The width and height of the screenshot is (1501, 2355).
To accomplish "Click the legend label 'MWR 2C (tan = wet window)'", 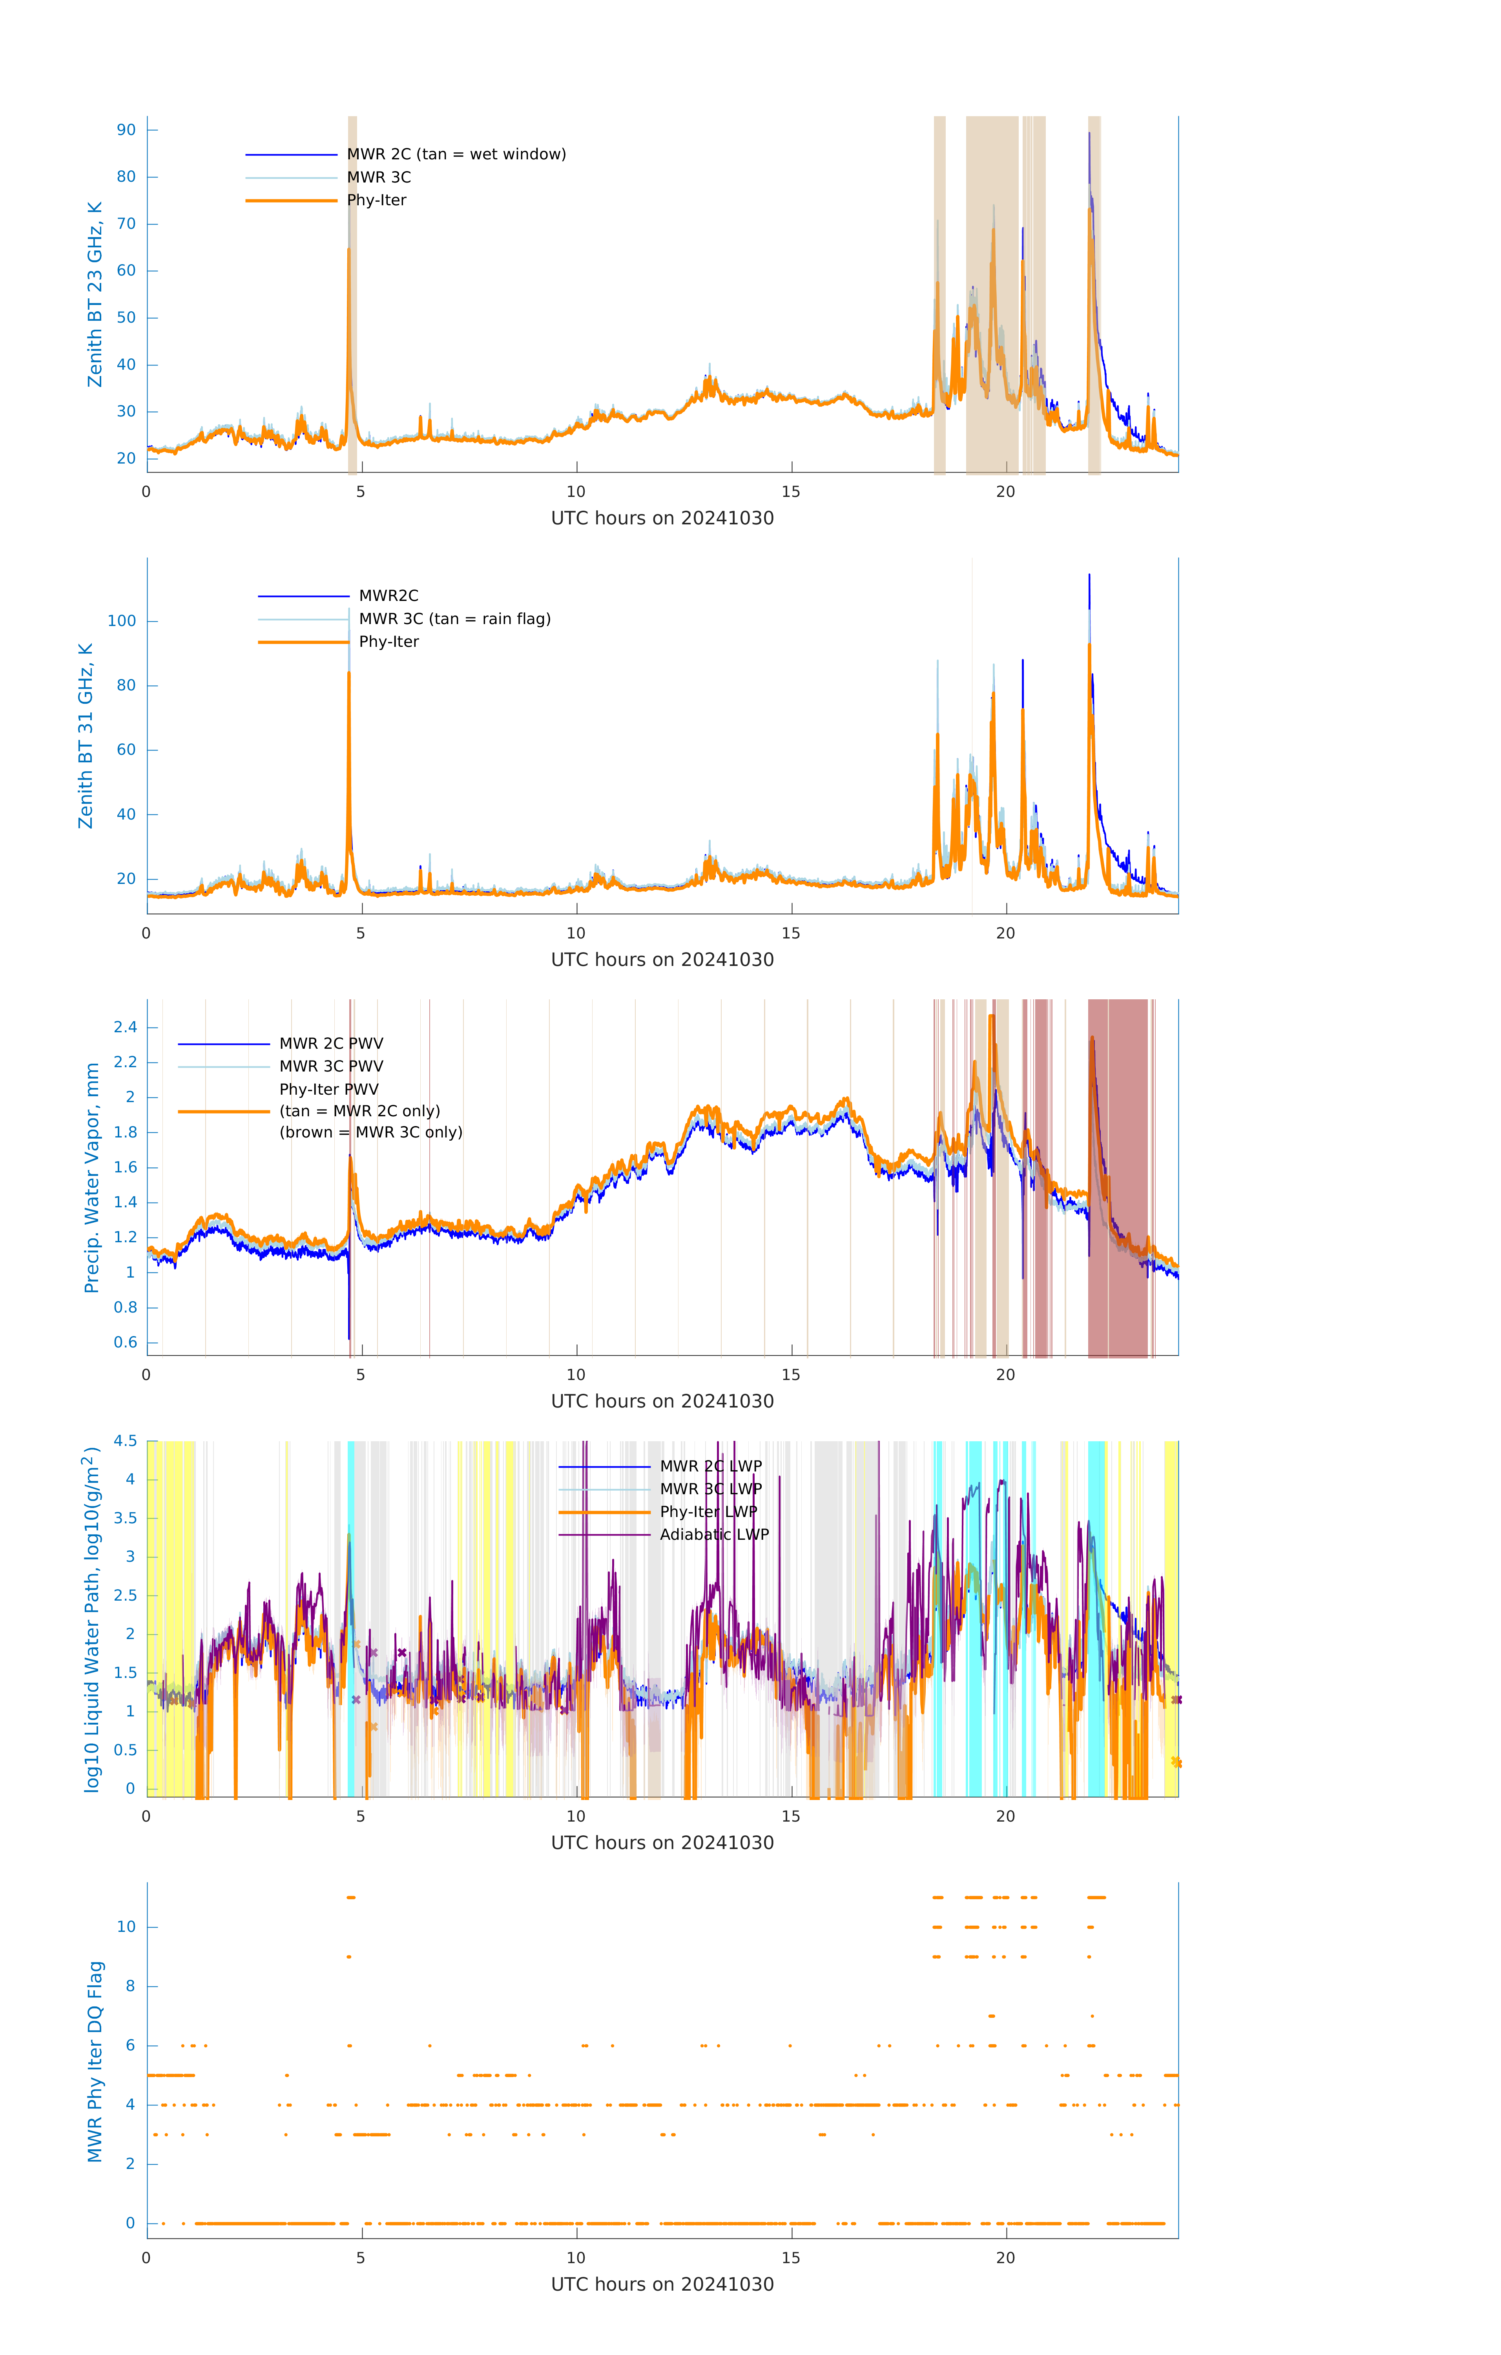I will (x=456, y=155).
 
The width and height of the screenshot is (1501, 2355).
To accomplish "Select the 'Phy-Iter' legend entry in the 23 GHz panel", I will (x=376, y=201).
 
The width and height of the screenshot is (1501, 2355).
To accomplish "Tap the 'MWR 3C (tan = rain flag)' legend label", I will (x=455, y=619).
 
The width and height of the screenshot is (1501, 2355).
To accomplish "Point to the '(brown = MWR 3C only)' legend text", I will (x=370, y=1132).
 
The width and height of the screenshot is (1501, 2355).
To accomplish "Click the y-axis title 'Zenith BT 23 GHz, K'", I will (x=95, y=294).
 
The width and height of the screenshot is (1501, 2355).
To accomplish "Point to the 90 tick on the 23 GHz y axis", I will (x=126, y=130).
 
